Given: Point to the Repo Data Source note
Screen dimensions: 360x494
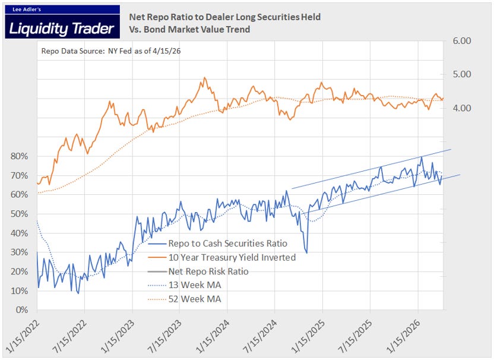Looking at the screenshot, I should click(x=111, y=51).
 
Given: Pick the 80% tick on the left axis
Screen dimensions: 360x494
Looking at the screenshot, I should click(x=19, y=156).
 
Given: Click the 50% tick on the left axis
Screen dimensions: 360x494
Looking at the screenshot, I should click(x=19, y=214).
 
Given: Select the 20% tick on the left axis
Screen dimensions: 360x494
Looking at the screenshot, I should click(x=19, y=271).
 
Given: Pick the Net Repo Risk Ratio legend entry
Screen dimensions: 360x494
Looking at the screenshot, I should click(x=208, y=271).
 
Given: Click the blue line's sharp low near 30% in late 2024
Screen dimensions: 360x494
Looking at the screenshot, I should click(x=306, y=252).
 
